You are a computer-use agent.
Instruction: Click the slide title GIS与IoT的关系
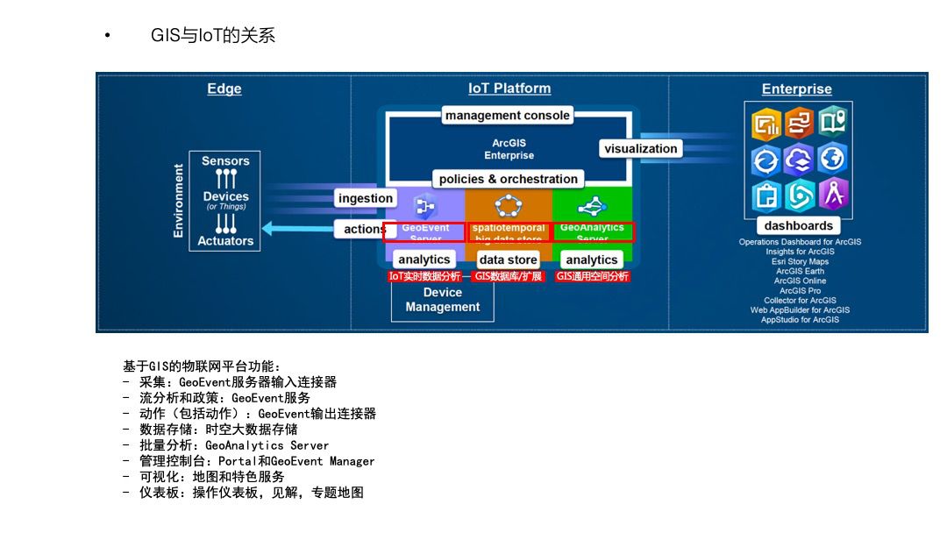click(x=213, y=35)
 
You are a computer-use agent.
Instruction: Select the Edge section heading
click(x=224, y=89)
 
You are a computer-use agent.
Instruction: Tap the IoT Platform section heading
click(x=509, y=89)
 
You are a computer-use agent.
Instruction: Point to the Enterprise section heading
click(x=796, y=89)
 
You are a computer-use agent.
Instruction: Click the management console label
click(x=508, y=116)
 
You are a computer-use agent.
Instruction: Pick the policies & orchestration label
click(x=509, y=179)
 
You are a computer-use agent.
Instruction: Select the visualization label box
click(x=640, y=149)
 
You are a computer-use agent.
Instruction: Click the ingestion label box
click(x=366, y=198)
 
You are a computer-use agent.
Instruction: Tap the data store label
click(x=509, y=259)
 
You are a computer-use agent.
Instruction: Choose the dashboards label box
click(x=798, y=226)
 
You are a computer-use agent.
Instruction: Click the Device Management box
click(x=442, y=300)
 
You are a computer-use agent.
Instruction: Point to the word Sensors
click(x=225, y=161)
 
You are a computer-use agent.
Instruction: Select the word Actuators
click(x=225, y=241)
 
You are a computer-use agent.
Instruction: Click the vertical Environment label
click(x=179, y=201)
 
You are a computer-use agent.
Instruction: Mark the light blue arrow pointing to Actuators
click(x=298, y=229)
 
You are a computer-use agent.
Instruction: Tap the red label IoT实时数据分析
click(x=424, y=276)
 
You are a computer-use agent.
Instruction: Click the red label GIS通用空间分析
click(x=593, y=276)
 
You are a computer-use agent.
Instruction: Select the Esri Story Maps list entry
click(x=800, y=261)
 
